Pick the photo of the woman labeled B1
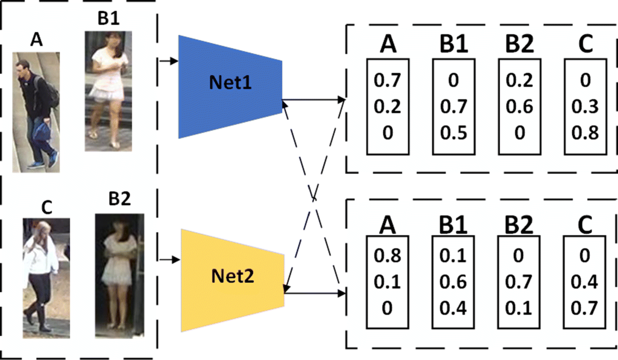(x=108, y=91)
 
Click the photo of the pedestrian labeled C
(x=46, y=278)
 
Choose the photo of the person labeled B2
(x=119, y=275)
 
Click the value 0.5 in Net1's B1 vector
(x=453, y=133)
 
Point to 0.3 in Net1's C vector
(x=585, y=107)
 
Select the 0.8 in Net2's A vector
(x=387, y=256)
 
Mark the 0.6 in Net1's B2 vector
(x=520, y=107)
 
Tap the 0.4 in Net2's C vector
(x=584, y=282)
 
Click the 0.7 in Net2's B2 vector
(x=519, y=282)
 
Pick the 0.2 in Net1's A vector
(x=387, y=107)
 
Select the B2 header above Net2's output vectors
(x=519, y=224)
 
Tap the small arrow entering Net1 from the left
(x=169, y=61)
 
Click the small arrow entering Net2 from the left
(x=171, y=260)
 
